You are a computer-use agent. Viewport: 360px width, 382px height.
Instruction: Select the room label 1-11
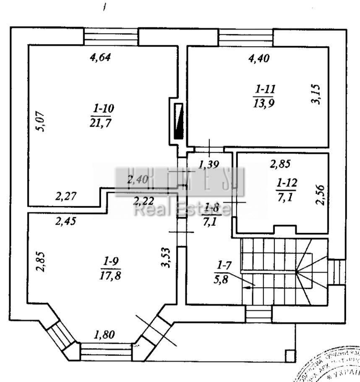(264, 89)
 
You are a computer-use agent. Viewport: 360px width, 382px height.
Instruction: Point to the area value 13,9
(264, 103)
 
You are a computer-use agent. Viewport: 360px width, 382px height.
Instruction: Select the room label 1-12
(287, 183)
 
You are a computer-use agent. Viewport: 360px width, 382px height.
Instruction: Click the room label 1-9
(111, 262)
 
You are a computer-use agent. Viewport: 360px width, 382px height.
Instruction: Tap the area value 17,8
(111, 275)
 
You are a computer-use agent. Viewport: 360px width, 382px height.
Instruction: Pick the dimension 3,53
(167, 257)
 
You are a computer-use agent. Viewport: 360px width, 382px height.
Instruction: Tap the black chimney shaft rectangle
(179, 121)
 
